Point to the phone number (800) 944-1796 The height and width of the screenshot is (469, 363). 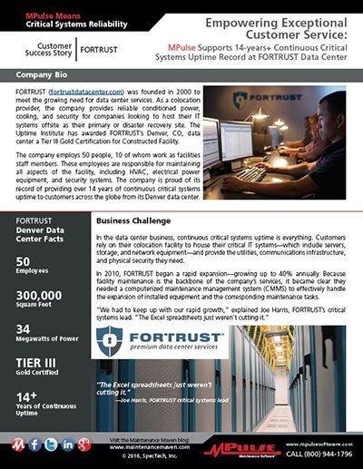pos(318,451)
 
